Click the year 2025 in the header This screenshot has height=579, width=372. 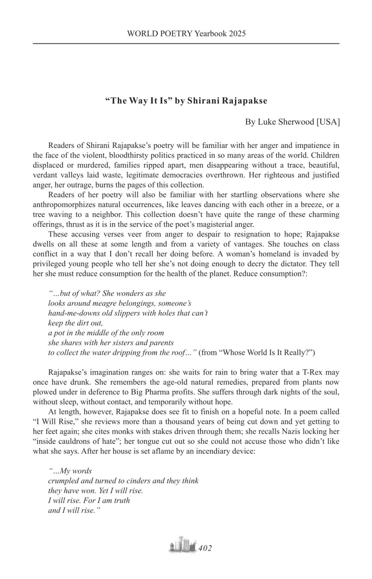pos(237,33)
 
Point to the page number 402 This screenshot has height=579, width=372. pos(205,548)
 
